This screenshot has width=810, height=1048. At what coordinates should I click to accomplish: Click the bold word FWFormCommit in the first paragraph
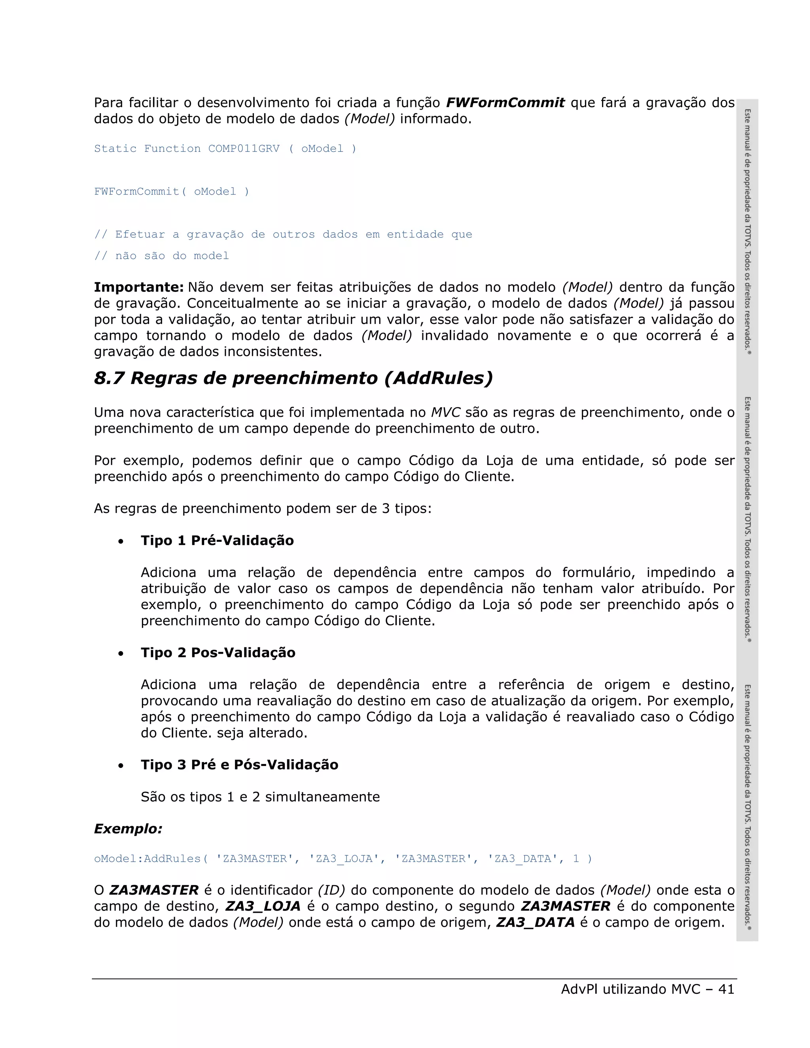tap(505, 103)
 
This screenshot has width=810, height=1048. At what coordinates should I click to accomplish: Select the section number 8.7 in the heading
tap(109, 378)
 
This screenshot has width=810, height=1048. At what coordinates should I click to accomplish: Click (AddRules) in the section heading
tap(438, 378)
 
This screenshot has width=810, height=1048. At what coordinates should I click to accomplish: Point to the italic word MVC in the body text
tap(445, 412)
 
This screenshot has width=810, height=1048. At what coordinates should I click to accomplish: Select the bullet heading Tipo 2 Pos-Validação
tap(218, 653)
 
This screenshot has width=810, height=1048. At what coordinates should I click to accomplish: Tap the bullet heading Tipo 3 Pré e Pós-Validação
tap(239, 765)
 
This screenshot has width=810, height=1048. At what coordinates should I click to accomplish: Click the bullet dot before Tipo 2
tap(121, 654)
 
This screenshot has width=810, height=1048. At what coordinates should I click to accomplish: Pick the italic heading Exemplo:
tap(128, 829)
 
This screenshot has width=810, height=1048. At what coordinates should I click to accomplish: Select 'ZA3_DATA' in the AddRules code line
tap(522, 859)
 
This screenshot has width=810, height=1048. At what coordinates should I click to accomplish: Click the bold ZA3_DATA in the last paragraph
tap(535, 922)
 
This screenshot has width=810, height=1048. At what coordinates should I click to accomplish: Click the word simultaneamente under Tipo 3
tap(322, 797)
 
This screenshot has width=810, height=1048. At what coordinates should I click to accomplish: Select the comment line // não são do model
tap(161, 256)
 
